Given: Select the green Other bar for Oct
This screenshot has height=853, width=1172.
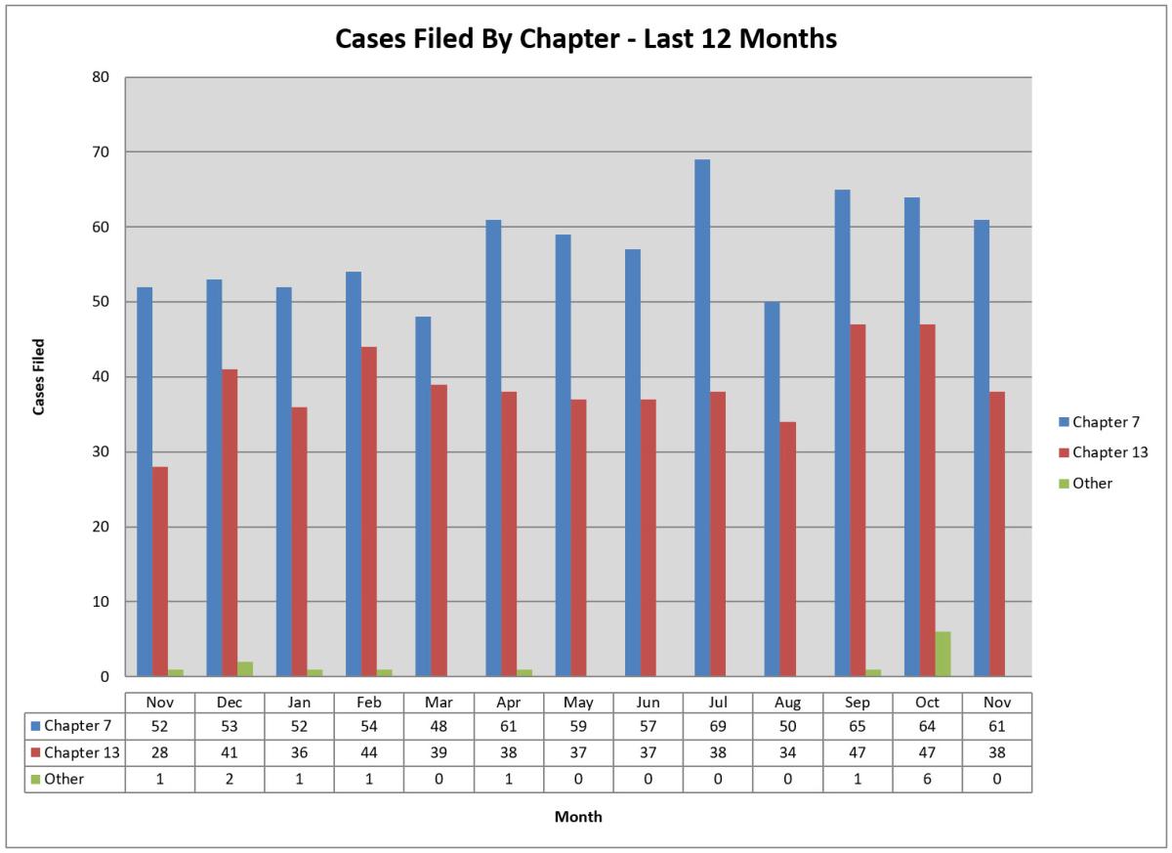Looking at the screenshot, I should (x=942, y=654).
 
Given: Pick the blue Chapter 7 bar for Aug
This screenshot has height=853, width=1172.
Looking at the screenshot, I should (x=772, y=489).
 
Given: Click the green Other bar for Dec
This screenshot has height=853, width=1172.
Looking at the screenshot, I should (x=245, y=668).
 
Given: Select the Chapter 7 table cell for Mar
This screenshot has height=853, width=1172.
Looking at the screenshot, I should (x=439, y=726).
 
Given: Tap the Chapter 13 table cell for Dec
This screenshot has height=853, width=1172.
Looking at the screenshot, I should (x=230, y=753).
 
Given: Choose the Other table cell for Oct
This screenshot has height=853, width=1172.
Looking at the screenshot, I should (x=927, y=780).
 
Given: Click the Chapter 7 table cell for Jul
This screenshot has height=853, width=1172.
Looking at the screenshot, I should (x=718, y=726).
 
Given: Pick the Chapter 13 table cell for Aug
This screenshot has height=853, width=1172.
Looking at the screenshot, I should (x=787, y=753).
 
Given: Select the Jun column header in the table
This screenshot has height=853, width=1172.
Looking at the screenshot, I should (x=648, y=702).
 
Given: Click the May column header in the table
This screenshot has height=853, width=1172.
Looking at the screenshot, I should (x=578, y=702).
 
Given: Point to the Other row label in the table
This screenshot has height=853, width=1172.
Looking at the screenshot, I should (x=64, y=780).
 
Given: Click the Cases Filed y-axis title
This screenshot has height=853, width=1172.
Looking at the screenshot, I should (x=39, y=376).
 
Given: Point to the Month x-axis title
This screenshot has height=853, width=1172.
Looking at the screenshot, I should (x=578, y=817).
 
